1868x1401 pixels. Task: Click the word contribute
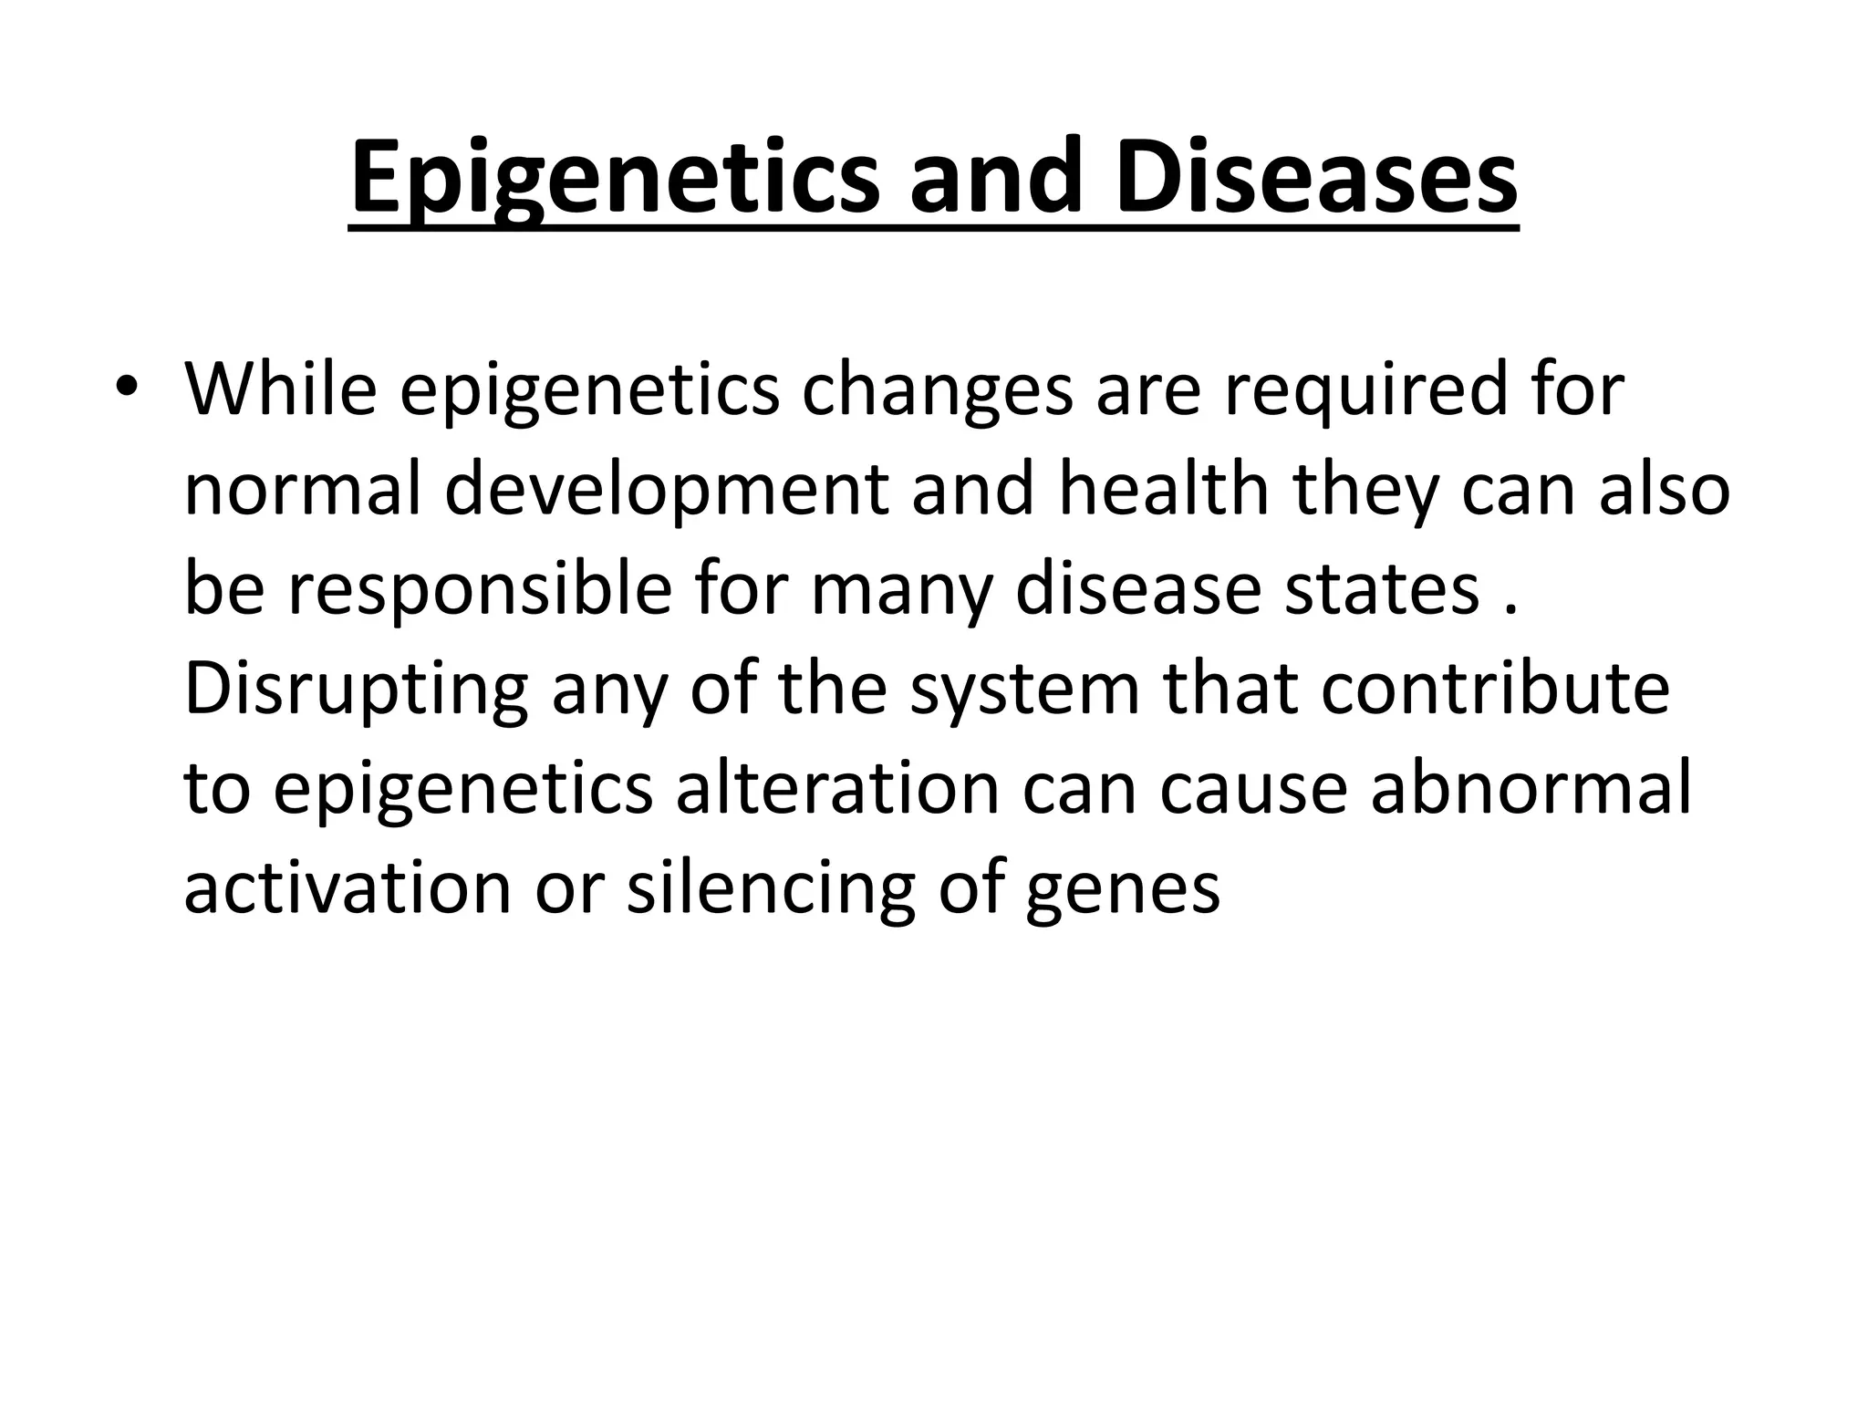(1495, 689)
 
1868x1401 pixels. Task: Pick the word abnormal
(1531, 789)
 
